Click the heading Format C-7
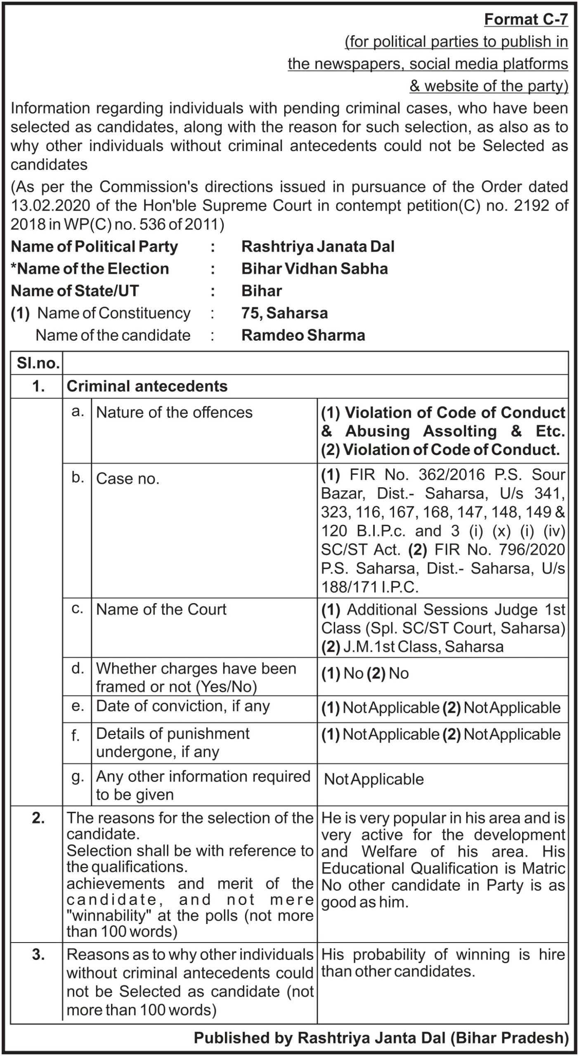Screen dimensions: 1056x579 [x=526, y=19]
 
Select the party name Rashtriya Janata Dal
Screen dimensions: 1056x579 [x=318, y=247]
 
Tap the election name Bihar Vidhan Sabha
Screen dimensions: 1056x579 [x=314, y=269]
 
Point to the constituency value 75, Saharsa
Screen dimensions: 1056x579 [x=284, y=313]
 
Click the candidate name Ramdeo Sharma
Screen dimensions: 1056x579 [x=303, y=335]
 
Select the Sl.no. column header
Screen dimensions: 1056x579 [x=38, y=363]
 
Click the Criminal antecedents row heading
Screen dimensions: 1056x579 [x=147, y=386]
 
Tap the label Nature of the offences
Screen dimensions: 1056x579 [x=174, y=412]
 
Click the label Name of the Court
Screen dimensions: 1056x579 [x=161, y=609]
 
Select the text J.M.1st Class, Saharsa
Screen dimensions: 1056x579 [x=423, y=646]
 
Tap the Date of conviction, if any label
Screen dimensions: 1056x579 [x=182, y=706]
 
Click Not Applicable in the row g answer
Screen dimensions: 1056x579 [x=373, y=779]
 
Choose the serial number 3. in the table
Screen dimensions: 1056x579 [x=38, y=955]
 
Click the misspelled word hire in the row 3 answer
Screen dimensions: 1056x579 [x=551, y=955]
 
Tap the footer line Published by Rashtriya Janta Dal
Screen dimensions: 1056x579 [x=381, y=1038]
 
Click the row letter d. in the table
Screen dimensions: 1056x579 [x=77, y=669]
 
